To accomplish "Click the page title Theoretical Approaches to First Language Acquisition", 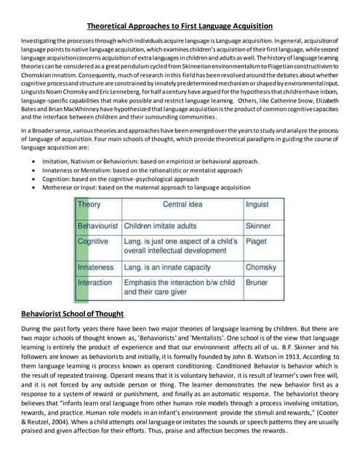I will pos(180,25).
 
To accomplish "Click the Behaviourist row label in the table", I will pos(97,227).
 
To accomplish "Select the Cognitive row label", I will pos(92,241).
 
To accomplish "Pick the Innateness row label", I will pos(95,267).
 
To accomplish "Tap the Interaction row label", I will pos(95,282).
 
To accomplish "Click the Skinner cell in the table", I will pos(259,227).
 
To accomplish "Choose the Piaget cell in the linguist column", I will pos(257,241).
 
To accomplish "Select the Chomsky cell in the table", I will pos(261,267).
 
